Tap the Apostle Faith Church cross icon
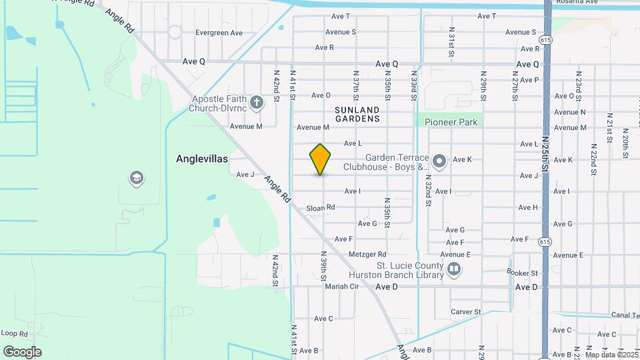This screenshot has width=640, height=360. click(257, 102)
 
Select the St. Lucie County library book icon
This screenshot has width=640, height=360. click(454, 269)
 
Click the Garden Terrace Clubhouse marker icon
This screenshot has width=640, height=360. click(439, 161)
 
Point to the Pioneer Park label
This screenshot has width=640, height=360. click(450, 123)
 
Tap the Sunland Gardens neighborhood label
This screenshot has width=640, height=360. click(357, 114)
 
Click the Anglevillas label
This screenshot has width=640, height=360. click(202, 159)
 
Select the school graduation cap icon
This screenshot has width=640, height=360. click(137, 178)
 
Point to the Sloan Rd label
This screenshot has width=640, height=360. click(320, 208)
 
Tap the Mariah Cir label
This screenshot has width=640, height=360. click(342, 287)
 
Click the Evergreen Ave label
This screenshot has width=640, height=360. click(219, 33)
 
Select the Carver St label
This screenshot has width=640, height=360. click(465, 311)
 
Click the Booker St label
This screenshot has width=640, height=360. click(522, 273)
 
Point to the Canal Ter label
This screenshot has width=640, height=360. click(624, 315)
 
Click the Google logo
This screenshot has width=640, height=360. click(22, 351)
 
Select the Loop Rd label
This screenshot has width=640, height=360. click(13, 333)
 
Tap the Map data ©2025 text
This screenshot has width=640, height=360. click(611, 355)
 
